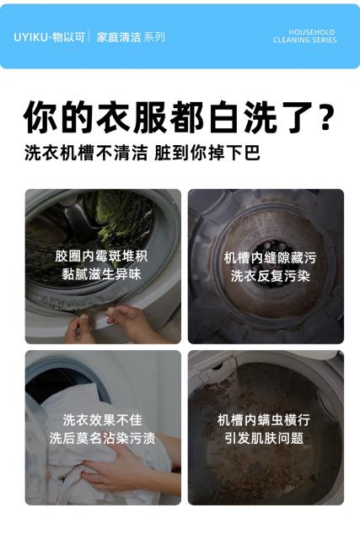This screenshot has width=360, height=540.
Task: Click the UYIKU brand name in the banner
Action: [x=30, y=37]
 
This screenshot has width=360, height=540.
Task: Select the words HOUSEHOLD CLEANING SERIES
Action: [x=305, y=36]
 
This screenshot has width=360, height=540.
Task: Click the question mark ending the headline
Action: [x=325, y=116]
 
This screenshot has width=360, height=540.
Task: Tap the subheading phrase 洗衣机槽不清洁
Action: [x=86, y=153]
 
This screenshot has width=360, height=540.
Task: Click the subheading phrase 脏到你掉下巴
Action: [x=207, y=153]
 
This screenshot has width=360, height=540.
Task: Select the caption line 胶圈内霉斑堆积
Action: [x=101, y=256]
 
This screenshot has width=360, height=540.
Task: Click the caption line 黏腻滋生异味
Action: [x=101, y=274]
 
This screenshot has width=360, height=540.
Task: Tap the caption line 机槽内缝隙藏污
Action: [x=270, y=257]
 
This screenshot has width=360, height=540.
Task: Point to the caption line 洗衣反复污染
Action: [x=270, y=276]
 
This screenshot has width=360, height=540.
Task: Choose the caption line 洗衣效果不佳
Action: [x=102, y=420]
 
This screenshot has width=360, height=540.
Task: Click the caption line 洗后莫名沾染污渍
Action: [x=102, y=438]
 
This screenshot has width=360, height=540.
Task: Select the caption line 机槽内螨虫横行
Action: [x=264, y=420]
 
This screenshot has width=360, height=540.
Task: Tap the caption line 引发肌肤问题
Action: [x=264, y=438]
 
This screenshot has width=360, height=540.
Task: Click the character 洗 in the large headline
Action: [x=261, y=116]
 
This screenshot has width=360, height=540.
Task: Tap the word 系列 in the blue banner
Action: [x=154, y=37]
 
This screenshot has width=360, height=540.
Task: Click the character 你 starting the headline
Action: [x=40, y=116]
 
